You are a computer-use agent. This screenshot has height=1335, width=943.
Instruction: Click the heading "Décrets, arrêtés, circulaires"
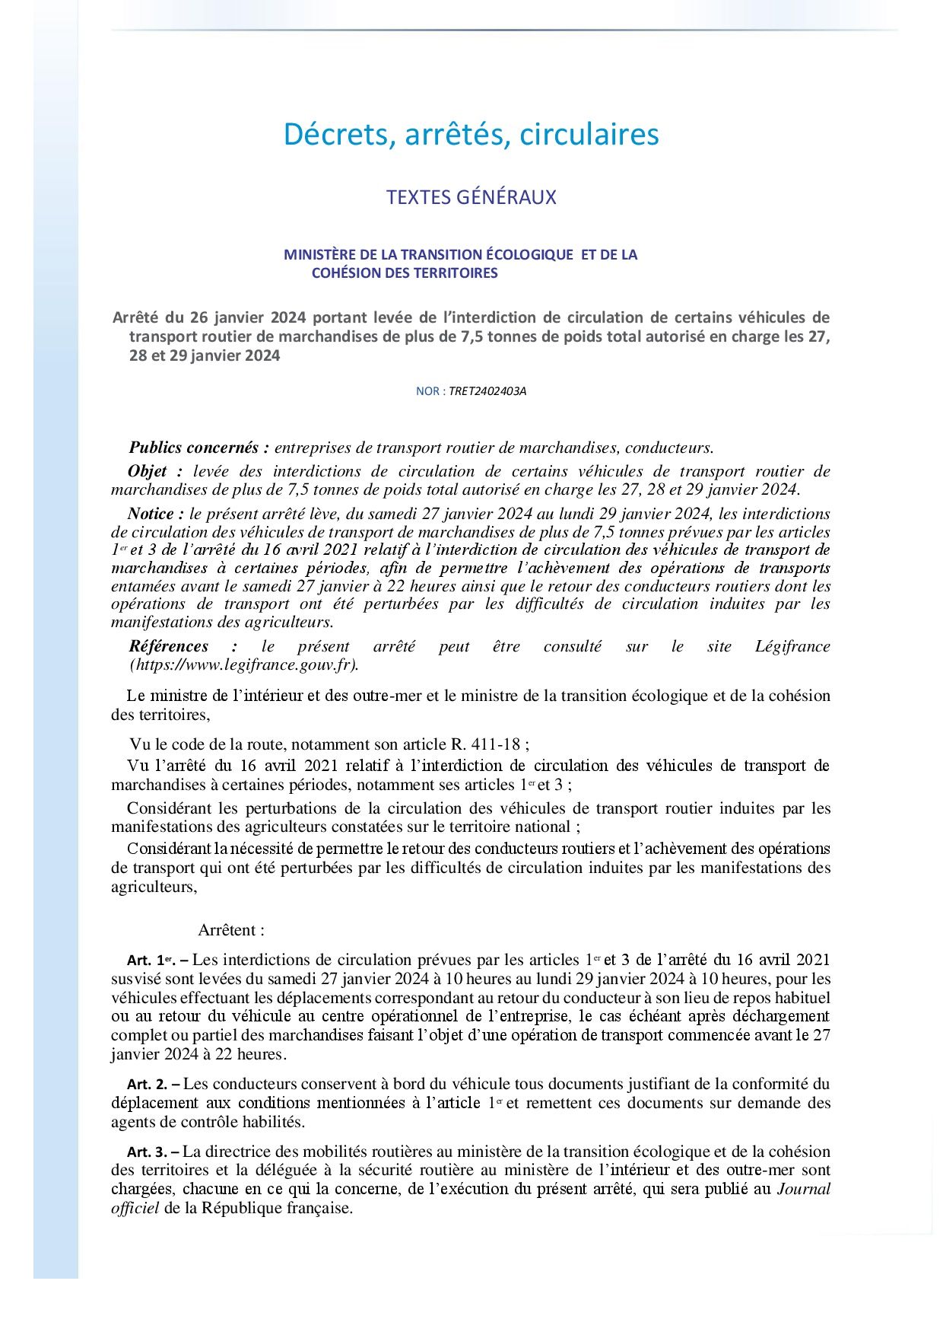click(471, 134)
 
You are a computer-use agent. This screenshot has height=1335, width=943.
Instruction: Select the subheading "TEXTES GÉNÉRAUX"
click(471, 197)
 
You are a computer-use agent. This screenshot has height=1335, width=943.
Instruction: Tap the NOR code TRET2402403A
click(487, 391)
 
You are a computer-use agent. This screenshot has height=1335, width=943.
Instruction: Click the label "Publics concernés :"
click(199, 448)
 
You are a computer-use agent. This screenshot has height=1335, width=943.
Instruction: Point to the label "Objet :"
click(155, 471)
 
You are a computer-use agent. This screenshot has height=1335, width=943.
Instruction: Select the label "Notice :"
click(156, 514)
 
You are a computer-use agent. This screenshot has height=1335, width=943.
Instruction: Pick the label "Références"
click(169, 646)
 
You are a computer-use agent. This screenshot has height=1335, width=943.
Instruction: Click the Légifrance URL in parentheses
click(244, 664)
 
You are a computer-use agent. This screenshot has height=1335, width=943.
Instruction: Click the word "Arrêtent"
click(227, 930)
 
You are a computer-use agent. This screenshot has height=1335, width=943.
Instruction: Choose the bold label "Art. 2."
click(147, 1085)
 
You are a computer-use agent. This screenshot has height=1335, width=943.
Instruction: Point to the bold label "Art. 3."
click(147, 1152)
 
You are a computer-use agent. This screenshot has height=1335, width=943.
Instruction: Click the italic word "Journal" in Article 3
click(803, 1190)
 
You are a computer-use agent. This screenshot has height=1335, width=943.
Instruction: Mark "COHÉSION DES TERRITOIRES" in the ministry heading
click(405, 273)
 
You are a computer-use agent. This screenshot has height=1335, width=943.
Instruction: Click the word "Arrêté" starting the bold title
click(135, 317)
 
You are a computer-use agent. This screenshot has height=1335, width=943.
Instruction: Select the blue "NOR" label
click(427, 391)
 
